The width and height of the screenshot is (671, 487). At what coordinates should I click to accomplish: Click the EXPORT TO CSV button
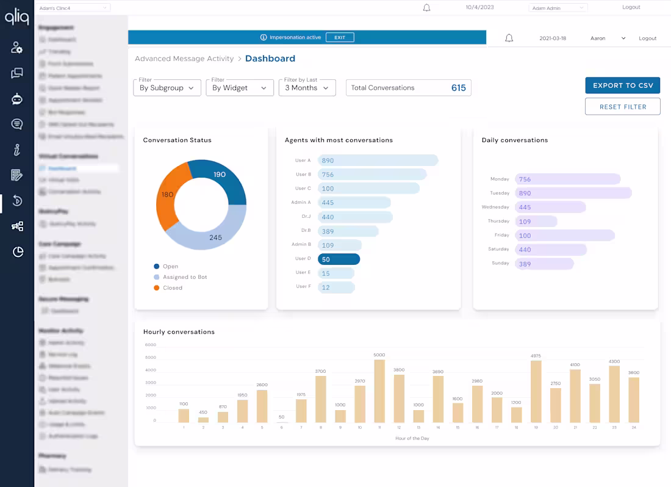point(622,85)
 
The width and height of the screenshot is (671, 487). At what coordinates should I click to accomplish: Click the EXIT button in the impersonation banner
point(340,37)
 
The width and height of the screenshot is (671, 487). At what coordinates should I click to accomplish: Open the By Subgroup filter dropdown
point(167,88)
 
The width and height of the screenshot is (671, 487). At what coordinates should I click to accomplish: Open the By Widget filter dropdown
point(239,88)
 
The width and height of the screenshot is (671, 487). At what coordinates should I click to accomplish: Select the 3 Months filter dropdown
point(307,88)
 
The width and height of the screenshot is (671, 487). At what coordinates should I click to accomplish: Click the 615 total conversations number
point(458,88)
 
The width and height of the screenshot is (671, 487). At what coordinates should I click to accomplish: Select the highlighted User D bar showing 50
point(339,259)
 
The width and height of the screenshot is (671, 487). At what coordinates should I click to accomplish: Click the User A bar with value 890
point(378,161)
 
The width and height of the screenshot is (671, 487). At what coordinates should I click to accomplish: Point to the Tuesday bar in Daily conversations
point(573,193)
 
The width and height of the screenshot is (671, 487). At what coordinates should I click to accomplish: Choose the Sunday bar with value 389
point(544,264)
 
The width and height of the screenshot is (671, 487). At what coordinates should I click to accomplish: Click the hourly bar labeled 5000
point(379,391)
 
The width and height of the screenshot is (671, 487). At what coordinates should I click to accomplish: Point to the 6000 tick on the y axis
point(151,345)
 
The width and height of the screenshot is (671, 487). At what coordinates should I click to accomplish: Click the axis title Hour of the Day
point(412,438)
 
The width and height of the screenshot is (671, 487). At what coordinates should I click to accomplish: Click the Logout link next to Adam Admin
point(631,7)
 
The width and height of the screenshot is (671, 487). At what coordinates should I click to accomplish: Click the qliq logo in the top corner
point(16,17)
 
